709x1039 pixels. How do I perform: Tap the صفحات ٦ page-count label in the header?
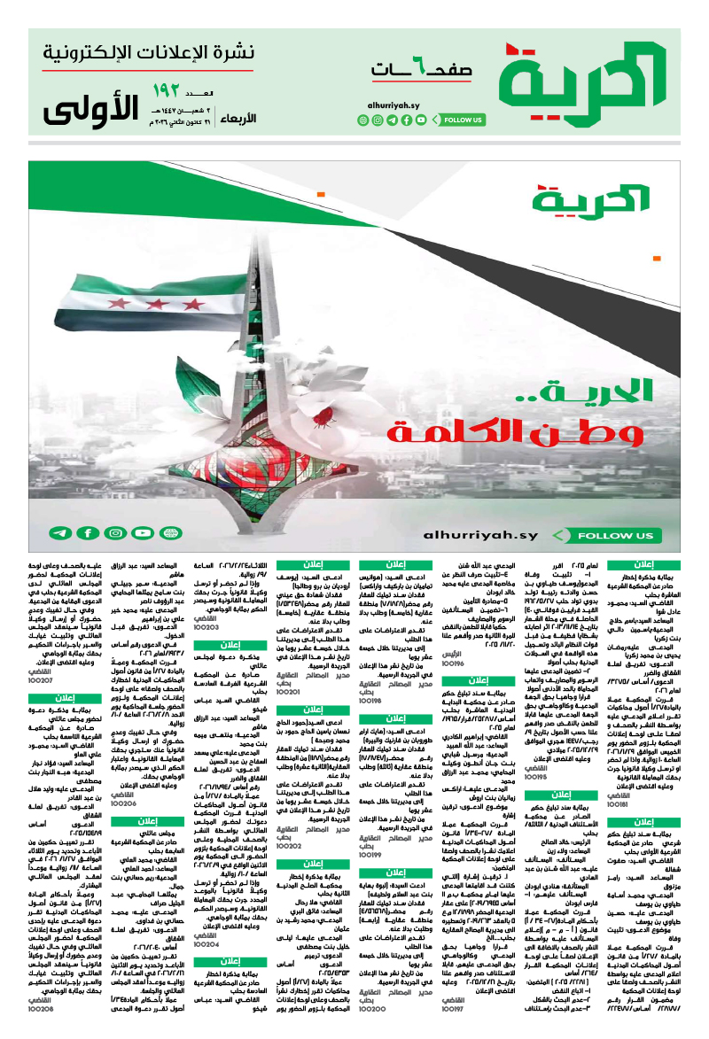(409, 68)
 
